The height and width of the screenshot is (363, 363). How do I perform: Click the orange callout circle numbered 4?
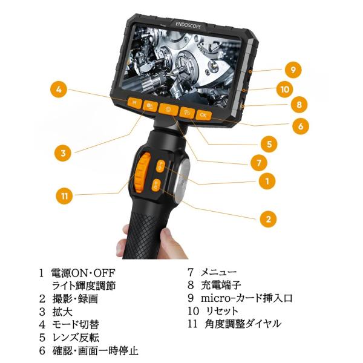[x=59, y=90]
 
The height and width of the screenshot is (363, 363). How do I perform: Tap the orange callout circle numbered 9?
[x=293, y=70]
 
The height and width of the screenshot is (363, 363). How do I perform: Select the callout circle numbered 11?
[x=64, y=196]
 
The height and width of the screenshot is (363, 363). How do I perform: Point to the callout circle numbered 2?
[x=268, y=219]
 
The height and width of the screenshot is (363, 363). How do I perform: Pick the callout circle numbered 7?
[x=259, y=163]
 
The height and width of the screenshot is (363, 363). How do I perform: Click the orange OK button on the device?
[x=203, y=115]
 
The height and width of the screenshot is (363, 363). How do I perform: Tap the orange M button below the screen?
[x=134, y=103]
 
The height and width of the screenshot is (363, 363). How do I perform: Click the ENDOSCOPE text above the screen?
[x=188, y=25]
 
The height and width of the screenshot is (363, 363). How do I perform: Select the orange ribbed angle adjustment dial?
[x=142, y=172]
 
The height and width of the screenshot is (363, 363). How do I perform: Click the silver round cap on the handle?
[x=182, y=178]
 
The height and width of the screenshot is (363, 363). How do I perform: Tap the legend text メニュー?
[x=219, y=272]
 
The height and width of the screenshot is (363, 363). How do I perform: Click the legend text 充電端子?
[x=221, y=285]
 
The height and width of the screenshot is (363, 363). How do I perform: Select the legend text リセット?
[x=222, y=311]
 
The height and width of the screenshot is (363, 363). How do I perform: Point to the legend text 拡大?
[x=62, y=312]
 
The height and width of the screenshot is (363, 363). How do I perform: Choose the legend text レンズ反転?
[x=76, y=338]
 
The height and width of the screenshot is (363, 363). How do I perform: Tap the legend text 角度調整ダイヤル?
[x=243, y=324]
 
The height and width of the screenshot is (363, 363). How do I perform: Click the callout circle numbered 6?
[x=300, y=126]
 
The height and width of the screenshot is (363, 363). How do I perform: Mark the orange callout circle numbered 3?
[x=63, y=153]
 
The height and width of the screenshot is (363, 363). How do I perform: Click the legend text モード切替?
[x=76, y=324]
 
